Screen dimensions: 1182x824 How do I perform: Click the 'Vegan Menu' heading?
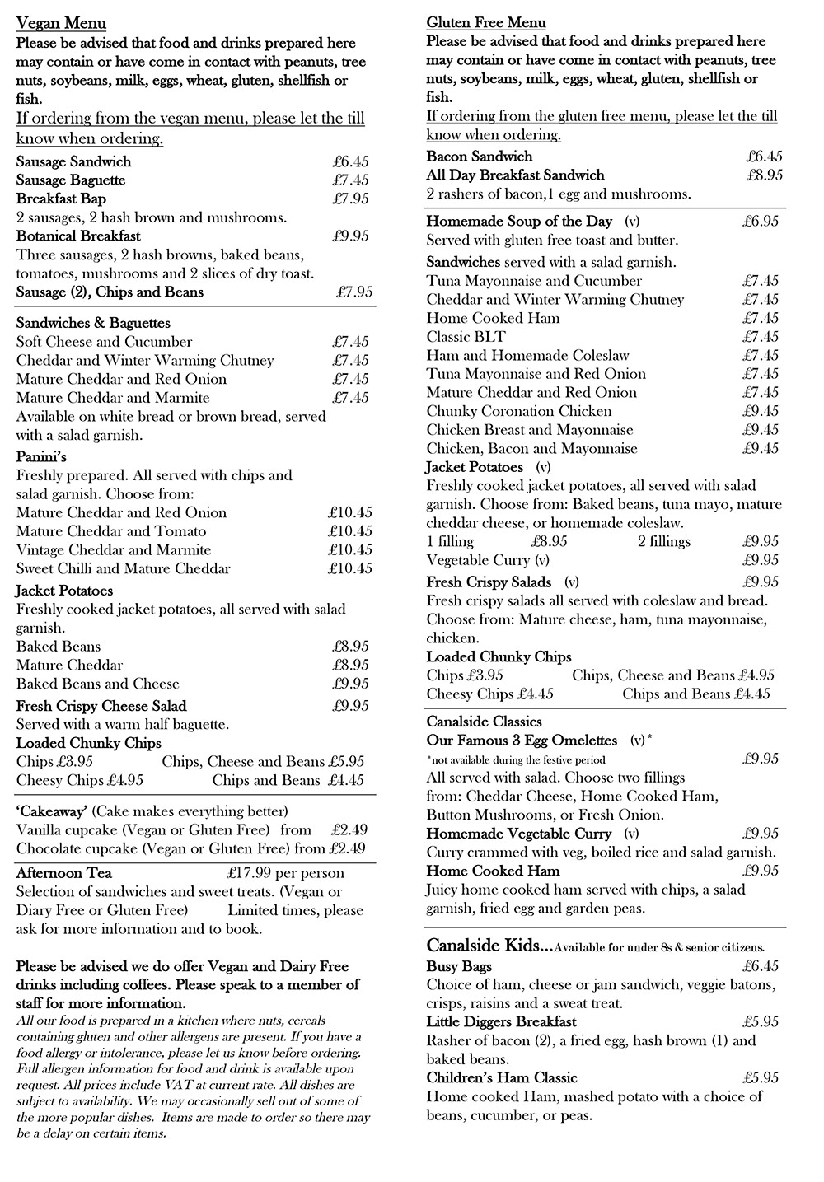click(61, 23)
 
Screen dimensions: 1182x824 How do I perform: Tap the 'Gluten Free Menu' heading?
click(485, 22)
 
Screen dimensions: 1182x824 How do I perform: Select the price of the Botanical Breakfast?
click(350, 236)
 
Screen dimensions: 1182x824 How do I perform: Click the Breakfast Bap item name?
click(61, 199)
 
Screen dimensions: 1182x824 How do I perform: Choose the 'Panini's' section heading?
click(41, 456)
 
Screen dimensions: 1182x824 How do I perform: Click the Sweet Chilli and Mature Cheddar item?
click(124, 568)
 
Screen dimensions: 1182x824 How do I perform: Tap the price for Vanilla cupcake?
click(349, 829)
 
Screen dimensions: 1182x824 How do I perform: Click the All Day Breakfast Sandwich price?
click(764, 175)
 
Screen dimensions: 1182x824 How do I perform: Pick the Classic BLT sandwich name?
click(466, 337)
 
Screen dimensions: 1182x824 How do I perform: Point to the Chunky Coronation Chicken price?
click(760, 411)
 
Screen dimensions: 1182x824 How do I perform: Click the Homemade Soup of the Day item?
click(519, 221)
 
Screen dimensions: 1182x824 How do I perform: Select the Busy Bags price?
click(760, 966)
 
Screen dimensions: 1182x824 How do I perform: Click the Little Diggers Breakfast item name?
click(501, 1022)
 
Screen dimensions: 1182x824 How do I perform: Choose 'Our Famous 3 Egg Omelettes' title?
click(522, 741)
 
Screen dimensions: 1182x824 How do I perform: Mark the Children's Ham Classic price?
click(760, 1078)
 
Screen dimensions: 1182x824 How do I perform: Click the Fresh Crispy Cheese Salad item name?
click(101, 706)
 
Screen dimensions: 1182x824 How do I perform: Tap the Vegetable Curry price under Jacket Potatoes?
click(760, 560)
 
